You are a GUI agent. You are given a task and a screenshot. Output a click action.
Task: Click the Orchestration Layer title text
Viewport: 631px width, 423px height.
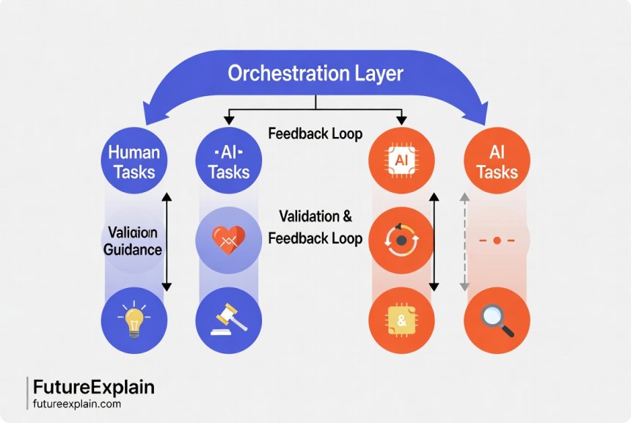coord(315,74)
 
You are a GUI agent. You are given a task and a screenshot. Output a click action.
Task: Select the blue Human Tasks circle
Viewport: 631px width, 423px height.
coord(134,161)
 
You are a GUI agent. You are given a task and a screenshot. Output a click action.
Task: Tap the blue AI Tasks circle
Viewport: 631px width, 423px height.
coord(229,161)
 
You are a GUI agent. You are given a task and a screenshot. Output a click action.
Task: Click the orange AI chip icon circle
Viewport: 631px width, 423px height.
coord(400,161)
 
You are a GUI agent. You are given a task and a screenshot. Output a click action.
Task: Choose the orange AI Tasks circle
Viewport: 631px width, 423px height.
coord(498,161)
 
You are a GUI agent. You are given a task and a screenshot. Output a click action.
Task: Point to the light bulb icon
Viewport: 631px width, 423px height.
coord(134,321)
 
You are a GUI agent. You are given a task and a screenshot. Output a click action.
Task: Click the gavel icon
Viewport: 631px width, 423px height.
coord(229,321)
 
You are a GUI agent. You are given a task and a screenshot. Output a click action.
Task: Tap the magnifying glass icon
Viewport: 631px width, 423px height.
coord(498,321)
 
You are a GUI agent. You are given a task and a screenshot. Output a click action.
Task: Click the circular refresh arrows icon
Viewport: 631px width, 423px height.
coord(400,240)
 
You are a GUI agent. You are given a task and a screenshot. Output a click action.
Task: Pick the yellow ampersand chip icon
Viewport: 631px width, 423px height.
coord(400,321)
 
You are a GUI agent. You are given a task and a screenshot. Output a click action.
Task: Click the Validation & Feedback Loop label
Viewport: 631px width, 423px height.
coord(315,228)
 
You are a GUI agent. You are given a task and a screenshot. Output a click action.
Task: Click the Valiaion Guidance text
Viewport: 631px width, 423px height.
coord(134,240)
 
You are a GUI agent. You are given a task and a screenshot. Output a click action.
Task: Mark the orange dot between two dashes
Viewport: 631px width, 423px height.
coord(497,240)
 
